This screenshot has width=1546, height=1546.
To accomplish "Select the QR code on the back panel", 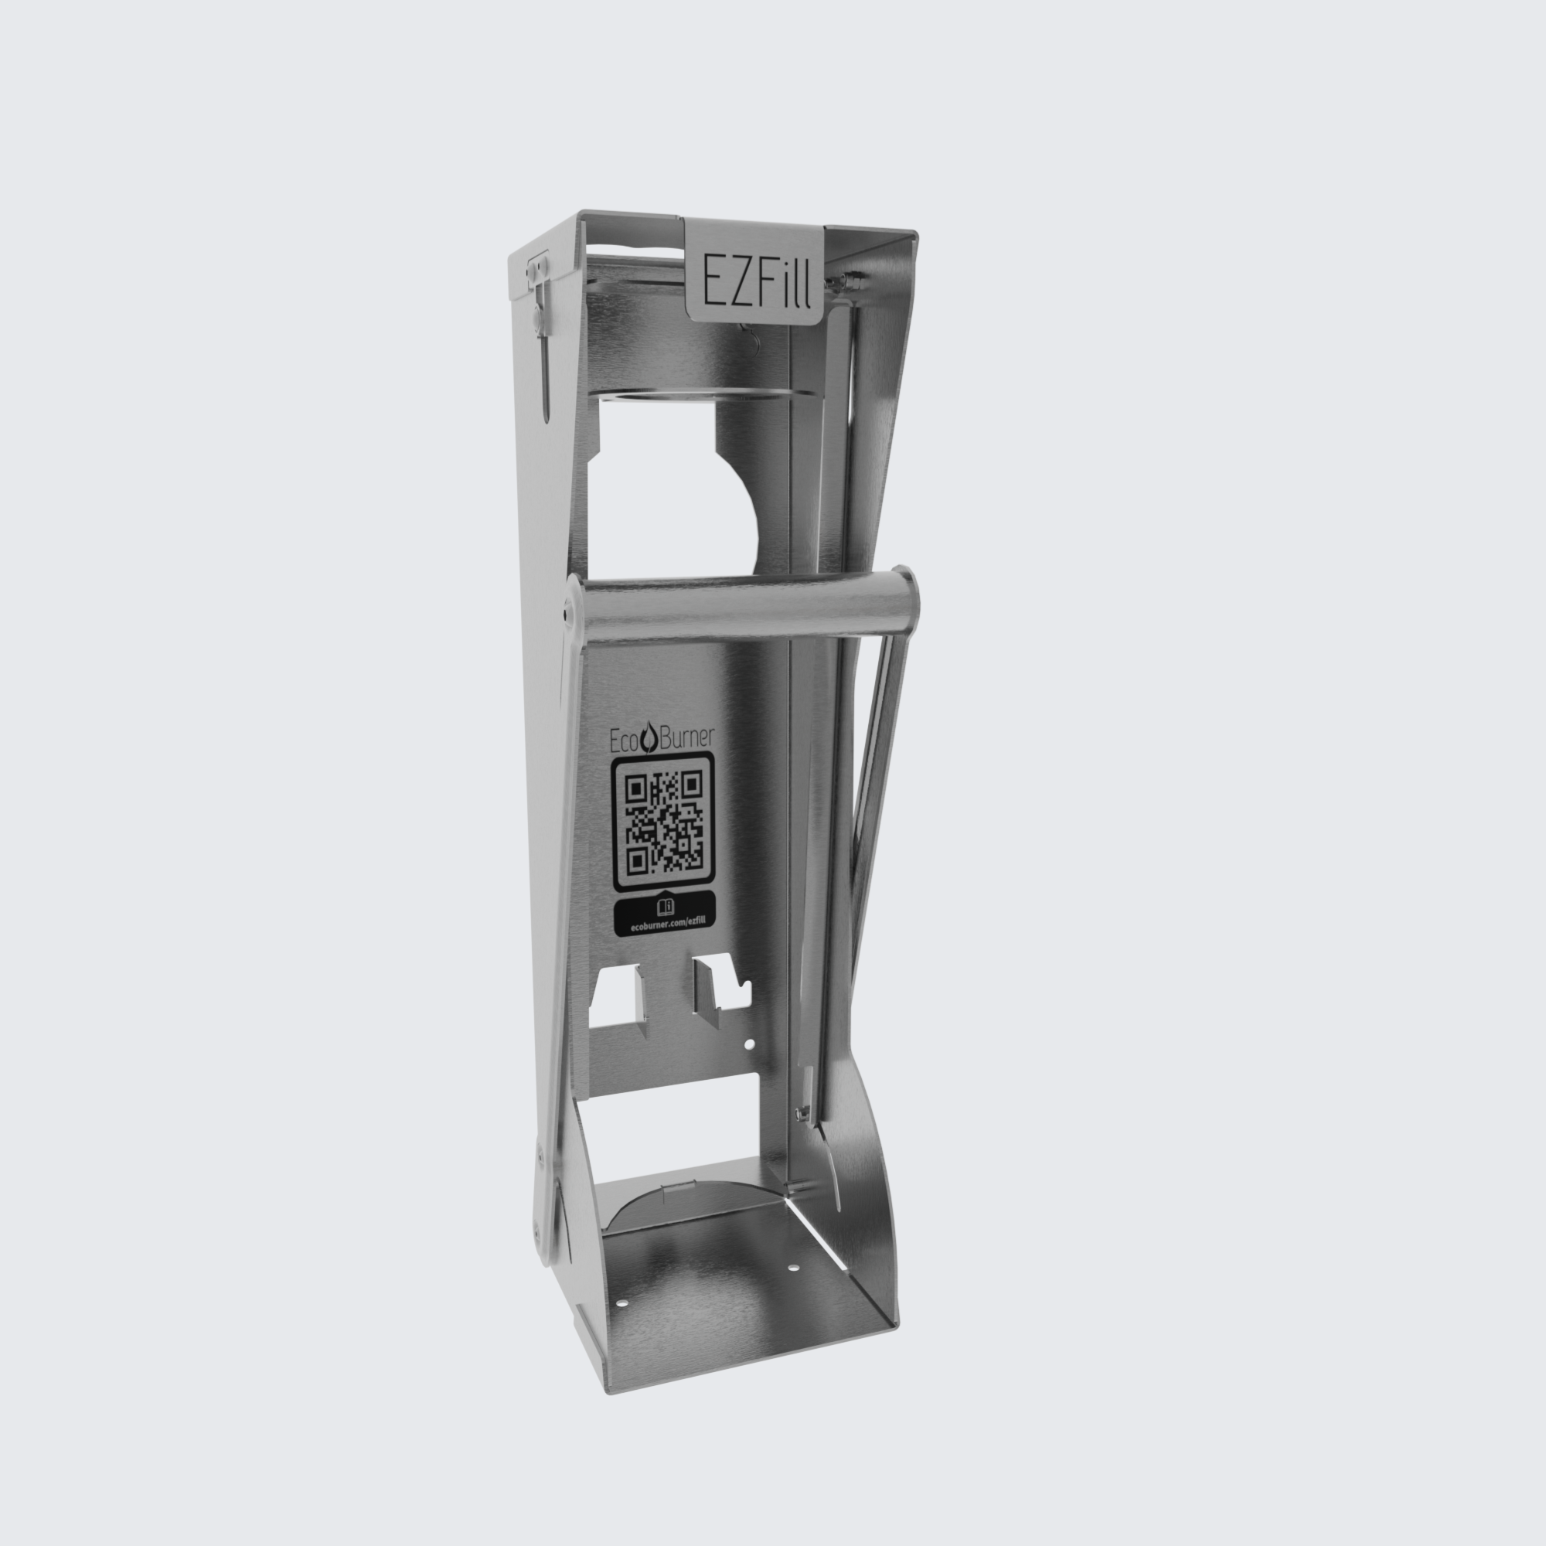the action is coord(664,822).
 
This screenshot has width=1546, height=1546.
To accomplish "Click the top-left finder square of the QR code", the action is coord(637,788).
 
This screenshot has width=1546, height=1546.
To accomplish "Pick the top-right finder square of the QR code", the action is coord(691,783).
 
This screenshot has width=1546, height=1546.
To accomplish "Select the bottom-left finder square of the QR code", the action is coord(638,861).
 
